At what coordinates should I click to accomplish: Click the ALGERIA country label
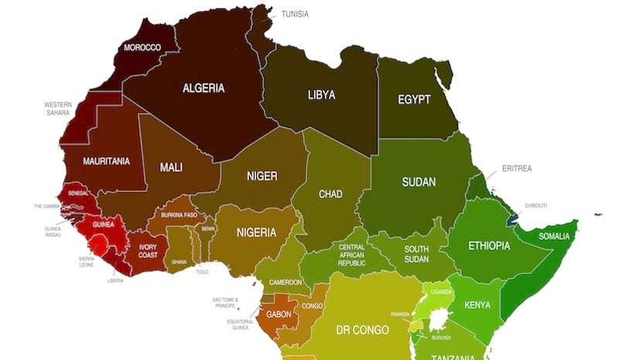[x=203, y=88]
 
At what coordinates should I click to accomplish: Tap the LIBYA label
[x=321, y=95]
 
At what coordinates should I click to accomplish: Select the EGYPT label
[x=414, y=100]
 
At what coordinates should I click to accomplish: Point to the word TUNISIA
[x=295, y=14]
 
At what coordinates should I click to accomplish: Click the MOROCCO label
[x=142, y=48]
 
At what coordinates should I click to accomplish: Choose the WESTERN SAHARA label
[x=58, y=108]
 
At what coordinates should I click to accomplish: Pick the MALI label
[x=171, y=167]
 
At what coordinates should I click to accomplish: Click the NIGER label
[x=261, y=176]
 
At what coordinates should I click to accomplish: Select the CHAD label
[x=330, y=194]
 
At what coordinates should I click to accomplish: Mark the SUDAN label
[x=419, y=183]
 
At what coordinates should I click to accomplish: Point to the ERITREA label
[x=517, y=168]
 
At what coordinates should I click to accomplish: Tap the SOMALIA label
[x=554, y=236]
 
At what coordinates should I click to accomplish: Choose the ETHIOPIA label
[x=489, y=246]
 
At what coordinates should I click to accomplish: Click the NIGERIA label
[x=256, y=232]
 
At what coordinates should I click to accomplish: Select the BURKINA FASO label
[x=179, y=214]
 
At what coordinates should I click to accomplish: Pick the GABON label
[x=278, y=314]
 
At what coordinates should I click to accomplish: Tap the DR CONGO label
[x=362, y=331]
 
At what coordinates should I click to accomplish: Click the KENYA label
[x=477, y=305]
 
